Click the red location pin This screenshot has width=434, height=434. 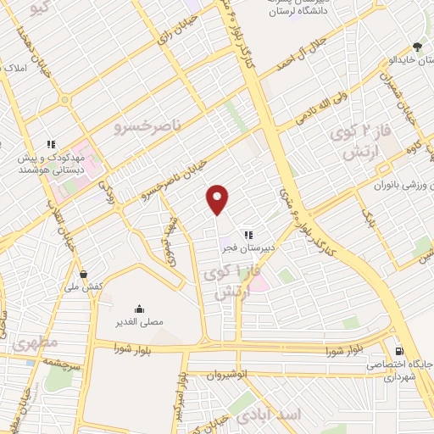point(219,199)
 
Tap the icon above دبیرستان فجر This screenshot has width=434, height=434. point(248,235)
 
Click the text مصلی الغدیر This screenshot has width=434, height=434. point(139,323)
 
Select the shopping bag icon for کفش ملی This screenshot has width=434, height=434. point(84,274)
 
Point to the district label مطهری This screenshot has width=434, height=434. point(35,342)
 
